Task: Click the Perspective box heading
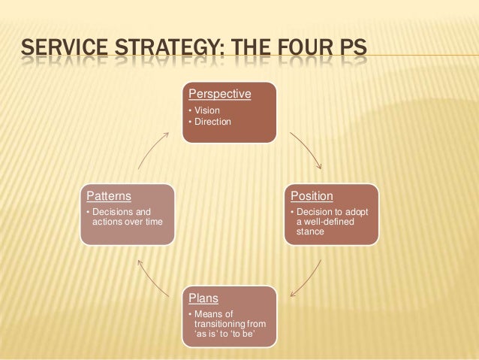pos(219,94)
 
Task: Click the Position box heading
pos(312,196)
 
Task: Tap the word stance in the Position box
pos(310,231)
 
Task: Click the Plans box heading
pos(203,298)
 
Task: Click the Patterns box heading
pos(109,196)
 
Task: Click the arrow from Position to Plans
pos(306,279)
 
